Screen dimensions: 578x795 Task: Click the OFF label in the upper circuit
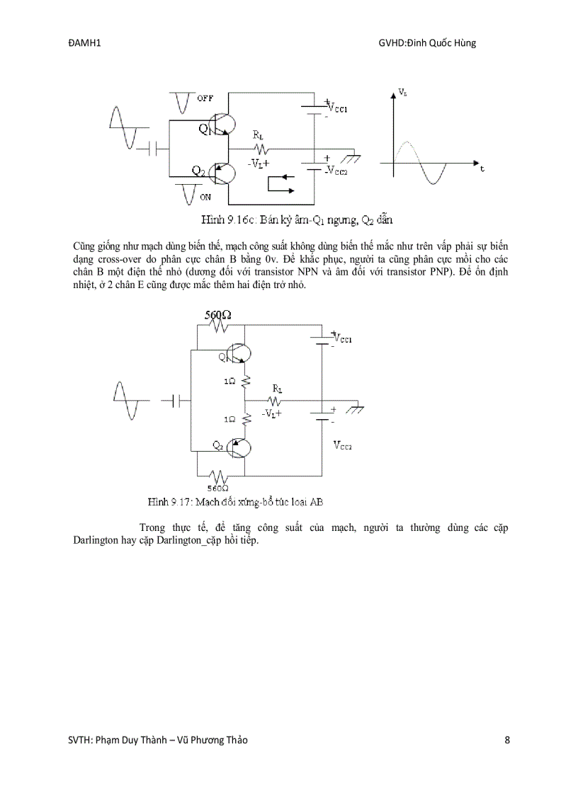205,98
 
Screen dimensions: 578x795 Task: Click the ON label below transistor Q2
205,196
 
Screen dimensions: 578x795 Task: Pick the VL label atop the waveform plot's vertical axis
402,93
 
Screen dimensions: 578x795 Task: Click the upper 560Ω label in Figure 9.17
218,315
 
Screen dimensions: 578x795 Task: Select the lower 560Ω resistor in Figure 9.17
217,476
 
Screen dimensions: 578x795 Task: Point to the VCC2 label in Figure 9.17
344,445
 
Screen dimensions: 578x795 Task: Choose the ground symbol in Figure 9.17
358,408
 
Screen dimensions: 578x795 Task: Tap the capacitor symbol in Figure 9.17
179,401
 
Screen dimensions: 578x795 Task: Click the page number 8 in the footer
507,740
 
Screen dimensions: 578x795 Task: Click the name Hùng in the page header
464,43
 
